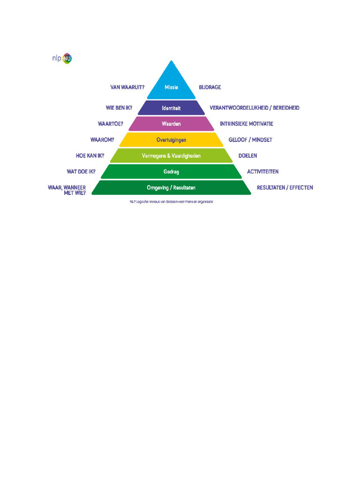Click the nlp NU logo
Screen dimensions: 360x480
62,59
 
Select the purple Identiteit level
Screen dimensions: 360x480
171,108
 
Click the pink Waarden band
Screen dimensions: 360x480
171,124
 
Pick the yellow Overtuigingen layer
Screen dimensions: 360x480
171,140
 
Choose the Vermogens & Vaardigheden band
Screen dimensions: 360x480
171,156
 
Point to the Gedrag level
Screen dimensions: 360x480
171,172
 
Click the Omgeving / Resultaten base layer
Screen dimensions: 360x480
171,187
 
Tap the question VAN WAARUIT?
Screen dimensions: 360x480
127,87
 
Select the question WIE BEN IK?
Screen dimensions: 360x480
119,108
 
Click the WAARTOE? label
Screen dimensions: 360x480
111,124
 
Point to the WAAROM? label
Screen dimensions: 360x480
102,140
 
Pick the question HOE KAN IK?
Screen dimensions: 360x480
90,156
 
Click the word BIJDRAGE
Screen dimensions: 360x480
210,87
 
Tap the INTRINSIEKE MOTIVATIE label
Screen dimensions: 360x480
247,124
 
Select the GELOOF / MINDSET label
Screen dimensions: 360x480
250,140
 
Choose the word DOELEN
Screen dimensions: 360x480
247,156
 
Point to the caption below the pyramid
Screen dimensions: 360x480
171,202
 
